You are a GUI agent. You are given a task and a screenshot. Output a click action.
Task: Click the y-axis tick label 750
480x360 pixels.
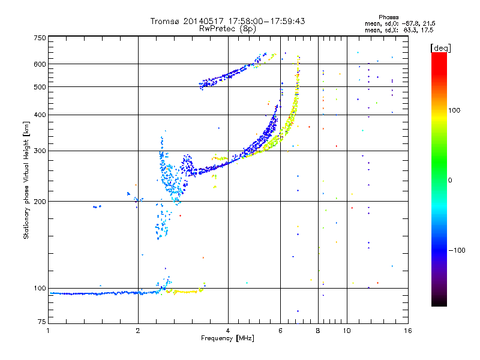click(x=40, y=38)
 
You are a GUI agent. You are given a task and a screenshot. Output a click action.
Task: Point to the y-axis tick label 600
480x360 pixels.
click(x=40, y=64)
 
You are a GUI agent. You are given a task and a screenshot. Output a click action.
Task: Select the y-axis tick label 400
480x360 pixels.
click(x=40, y=115)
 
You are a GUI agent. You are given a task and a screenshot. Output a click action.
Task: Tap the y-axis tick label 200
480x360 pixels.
click(x=40, y=201)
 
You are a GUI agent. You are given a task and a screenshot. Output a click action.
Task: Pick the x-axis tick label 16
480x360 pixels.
click(x=407, y=331)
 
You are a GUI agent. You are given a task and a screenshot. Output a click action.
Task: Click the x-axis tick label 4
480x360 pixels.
click(x=228, y=331)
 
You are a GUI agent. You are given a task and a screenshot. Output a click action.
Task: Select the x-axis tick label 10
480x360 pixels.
click(x=346, y=331)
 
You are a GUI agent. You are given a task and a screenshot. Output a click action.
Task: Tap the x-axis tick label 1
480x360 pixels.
click(x=48, y=331)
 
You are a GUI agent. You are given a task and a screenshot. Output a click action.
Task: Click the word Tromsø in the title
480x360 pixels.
click(x=166, y=21)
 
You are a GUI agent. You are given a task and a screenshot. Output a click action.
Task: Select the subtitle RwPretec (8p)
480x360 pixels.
click(x=227, y=28)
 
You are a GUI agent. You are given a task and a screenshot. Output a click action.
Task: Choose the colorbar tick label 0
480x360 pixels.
click(x=454, y=180)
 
